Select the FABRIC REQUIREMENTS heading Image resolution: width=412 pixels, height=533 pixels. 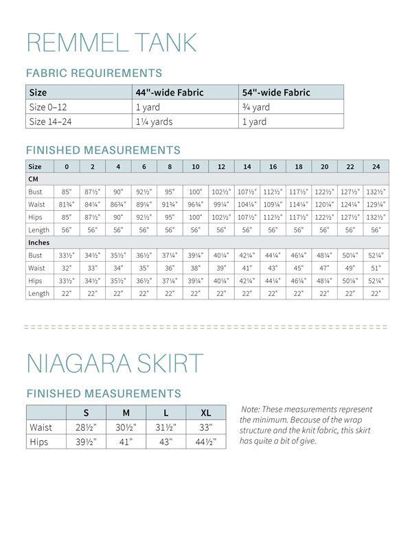(94, 73)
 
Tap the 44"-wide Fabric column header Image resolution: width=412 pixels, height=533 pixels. (169, 93)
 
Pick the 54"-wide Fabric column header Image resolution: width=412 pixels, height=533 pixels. (275, 93)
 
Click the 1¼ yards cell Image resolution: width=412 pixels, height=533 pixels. (154, 122)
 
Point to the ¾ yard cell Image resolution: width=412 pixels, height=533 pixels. (255, 107)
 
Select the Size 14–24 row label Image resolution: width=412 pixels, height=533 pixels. (50, 122)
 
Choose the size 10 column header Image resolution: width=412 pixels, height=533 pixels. (196, 166)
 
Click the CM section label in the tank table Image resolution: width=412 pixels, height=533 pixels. (34, 179)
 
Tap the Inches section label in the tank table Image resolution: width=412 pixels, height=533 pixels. (38, 242)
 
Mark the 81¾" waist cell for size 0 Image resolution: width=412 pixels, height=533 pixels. (67, 204)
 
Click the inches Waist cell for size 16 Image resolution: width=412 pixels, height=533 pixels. (273, 268)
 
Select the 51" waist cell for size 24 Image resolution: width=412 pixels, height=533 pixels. (376, 268)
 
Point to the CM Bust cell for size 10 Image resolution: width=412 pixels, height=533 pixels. (196, 192)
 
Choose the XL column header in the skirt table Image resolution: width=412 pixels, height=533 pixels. (205, 413)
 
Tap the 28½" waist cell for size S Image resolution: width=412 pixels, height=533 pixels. (86, 427)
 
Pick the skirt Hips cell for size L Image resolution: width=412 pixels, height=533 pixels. (166, 442)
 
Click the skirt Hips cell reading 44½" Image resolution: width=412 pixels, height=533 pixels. (205, 442)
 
